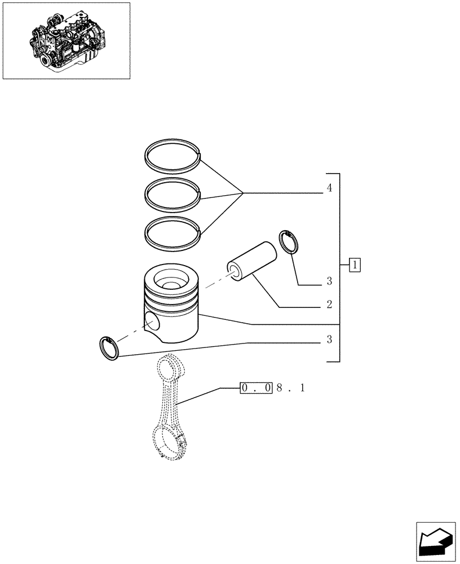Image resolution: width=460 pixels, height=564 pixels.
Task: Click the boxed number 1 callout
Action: [355, 265]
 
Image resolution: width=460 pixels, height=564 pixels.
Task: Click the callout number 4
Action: [329, 188]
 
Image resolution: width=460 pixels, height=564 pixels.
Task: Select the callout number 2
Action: [329, 305]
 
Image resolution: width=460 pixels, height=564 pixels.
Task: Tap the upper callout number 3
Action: [329, 281]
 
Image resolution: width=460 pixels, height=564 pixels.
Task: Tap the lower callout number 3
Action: [329, 340]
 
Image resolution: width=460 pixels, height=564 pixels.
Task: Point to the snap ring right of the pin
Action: [289, 242]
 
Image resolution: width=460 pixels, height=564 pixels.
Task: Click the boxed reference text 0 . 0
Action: [256, 388]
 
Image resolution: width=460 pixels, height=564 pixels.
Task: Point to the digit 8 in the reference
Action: [280, 388]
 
